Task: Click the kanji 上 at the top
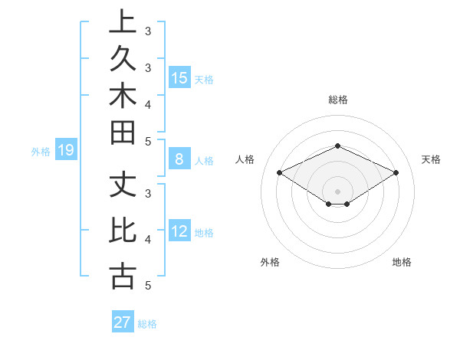point(123,22)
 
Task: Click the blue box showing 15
point(179,77)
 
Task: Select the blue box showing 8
point(179,159)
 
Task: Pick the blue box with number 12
point(179,231)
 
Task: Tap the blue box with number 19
point(65,150)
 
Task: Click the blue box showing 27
point(123,322)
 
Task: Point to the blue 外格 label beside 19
point(41,151)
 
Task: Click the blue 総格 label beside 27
point(147,323)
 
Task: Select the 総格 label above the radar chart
point(338,100)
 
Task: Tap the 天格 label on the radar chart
point(432,159)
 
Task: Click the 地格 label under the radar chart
point(402,262)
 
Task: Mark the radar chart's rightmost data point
point(396,173)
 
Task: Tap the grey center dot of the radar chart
point(338,191)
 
